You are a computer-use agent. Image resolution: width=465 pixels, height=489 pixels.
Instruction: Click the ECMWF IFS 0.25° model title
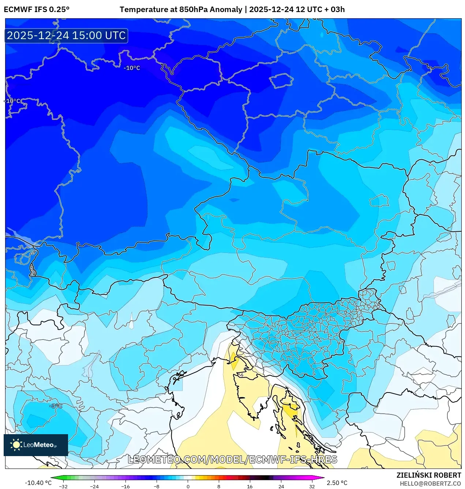click(37, 10)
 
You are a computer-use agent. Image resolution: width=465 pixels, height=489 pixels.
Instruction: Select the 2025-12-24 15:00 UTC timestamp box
click(66, 36)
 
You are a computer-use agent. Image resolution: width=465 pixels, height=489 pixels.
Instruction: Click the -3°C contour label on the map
click(56, 406)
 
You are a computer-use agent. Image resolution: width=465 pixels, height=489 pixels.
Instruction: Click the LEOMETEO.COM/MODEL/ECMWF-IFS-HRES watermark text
click(232, 459)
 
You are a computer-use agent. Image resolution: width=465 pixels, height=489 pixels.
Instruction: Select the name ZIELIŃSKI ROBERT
click(428, 475)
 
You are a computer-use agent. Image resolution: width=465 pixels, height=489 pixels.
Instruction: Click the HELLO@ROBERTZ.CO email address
click(430, 484)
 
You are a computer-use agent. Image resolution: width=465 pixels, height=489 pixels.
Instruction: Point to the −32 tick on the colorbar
click(63, 486)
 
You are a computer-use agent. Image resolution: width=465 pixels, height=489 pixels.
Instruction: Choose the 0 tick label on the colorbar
click(188, 486)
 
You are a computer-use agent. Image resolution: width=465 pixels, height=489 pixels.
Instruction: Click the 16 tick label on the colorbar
click(250, 486)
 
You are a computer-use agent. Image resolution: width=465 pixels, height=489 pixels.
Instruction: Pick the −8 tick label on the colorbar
click(157, 486)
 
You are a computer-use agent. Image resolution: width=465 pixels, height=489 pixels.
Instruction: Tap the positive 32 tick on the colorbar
click(312, 486)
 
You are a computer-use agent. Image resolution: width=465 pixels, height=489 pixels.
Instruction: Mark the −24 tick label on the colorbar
click(94, 486)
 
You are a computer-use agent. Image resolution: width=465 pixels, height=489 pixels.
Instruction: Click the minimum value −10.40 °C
click(38, 483)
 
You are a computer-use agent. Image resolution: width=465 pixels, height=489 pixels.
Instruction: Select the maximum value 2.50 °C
click(337, 483)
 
